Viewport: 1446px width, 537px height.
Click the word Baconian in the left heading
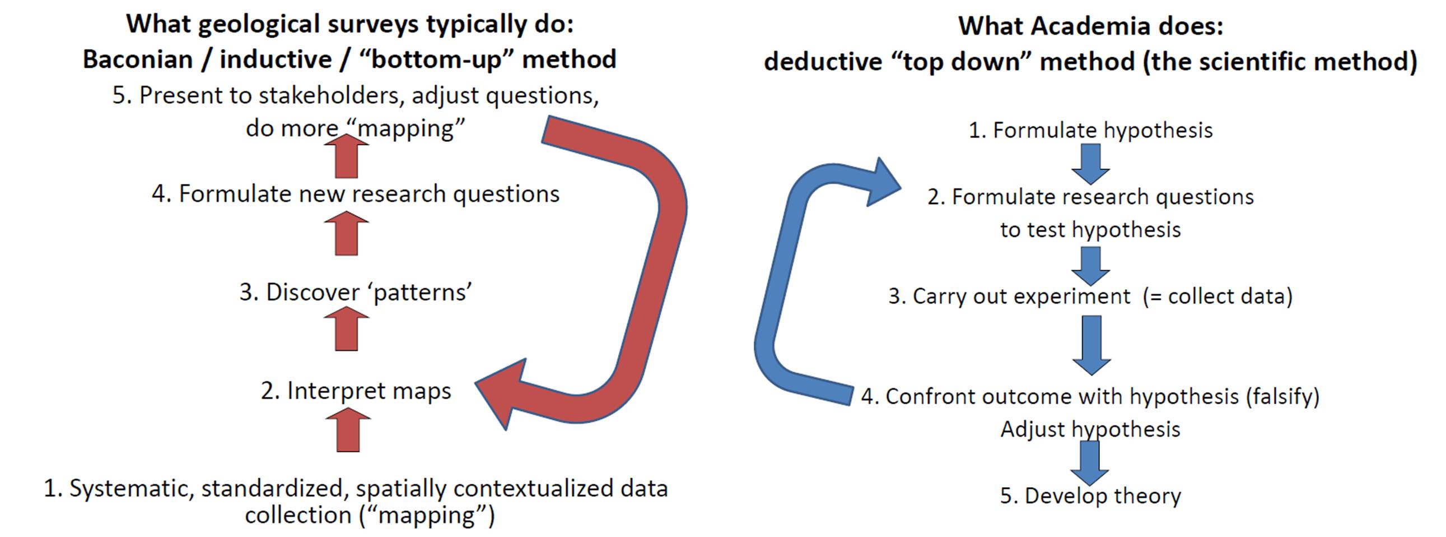click(138, 59)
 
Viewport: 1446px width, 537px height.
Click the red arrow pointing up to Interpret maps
click(348, 430)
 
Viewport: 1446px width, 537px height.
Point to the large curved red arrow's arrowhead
click(500, 393)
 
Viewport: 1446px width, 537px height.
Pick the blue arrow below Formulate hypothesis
click(1090, 164)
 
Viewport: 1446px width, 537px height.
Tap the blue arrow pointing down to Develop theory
click(1090, 463)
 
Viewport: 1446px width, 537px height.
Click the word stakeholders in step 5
click(331, 95)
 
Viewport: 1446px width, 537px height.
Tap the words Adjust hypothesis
click(1090, 430)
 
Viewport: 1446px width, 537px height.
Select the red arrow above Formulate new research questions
click(346, 156)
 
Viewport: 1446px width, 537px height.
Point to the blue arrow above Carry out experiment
click(1090, 266)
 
